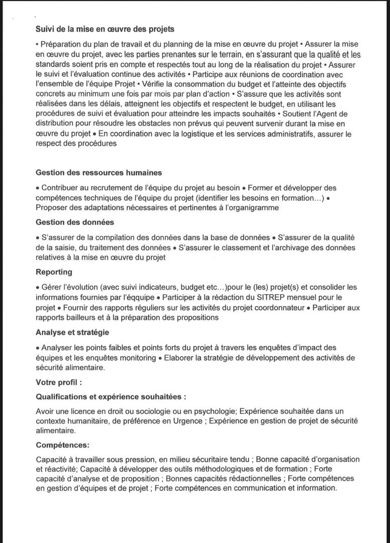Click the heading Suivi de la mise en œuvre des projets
[105, 29]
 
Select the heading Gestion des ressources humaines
[99, 172]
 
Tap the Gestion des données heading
[75, 222]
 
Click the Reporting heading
[54, 272]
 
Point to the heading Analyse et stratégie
[72, 332]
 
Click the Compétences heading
[63, 445]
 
